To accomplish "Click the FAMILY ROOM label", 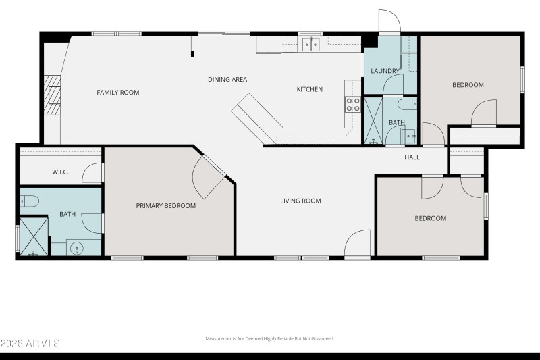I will coord(117,93).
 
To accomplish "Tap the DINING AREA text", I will coord(227,80).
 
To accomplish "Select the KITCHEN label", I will coord(310,89).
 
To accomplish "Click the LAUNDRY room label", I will coord(385,71).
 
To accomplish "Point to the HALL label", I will coord(412,157).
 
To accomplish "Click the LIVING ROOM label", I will coord(300,201).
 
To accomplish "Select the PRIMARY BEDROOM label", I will coord(165,206).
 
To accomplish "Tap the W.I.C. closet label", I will coord(61,172).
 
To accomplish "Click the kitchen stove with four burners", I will coord(353,104).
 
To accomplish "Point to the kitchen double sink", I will coord(310,45).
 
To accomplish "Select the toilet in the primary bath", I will coord(29,200).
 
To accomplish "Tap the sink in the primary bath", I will coord(76,248).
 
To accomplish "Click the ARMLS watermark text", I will coord(30,344).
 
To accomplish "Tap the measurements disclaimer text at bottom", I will coord(269,339).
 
